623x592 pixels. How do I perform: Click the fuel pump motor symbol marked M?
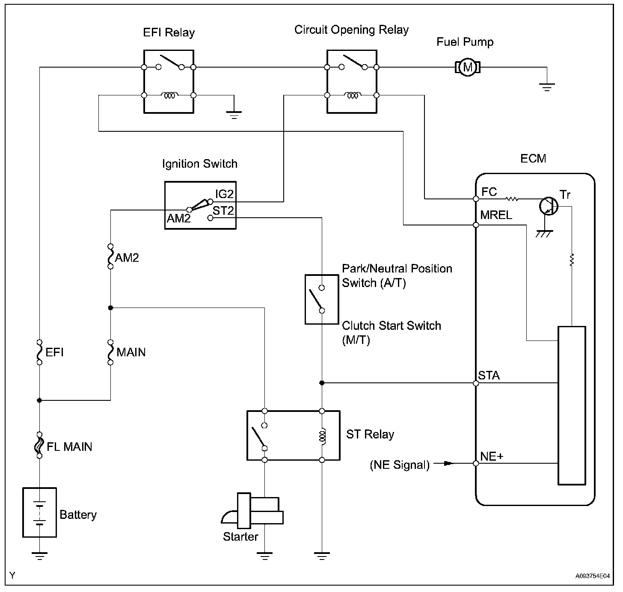467,67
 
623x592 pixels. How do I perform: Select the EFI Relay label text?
169,33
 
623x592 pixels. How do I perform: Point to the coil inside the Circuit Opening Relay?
352,95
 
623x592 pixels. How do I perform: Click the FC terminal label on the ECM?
489,192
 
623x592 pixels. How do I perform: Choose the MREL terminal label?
496,215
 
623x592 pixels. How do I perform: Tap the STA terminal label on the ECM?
489,376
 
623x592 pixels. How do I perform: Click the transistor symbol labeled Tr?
548,206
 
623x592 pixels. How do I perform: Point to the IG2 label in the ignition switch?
224,194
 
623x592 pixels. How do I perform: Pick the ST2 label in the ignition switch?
223,210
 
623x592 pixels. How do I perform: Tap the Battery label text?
78,515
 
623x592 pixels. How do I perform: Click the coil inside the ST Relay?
322,435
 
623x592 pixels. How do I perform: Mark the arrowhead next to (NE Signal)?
448,463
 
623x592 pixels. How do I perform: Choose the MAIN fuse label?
131,352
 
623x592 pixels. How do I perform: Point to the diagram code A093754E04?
592,576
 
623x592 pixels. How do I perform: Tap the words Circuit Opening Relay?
351,30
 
